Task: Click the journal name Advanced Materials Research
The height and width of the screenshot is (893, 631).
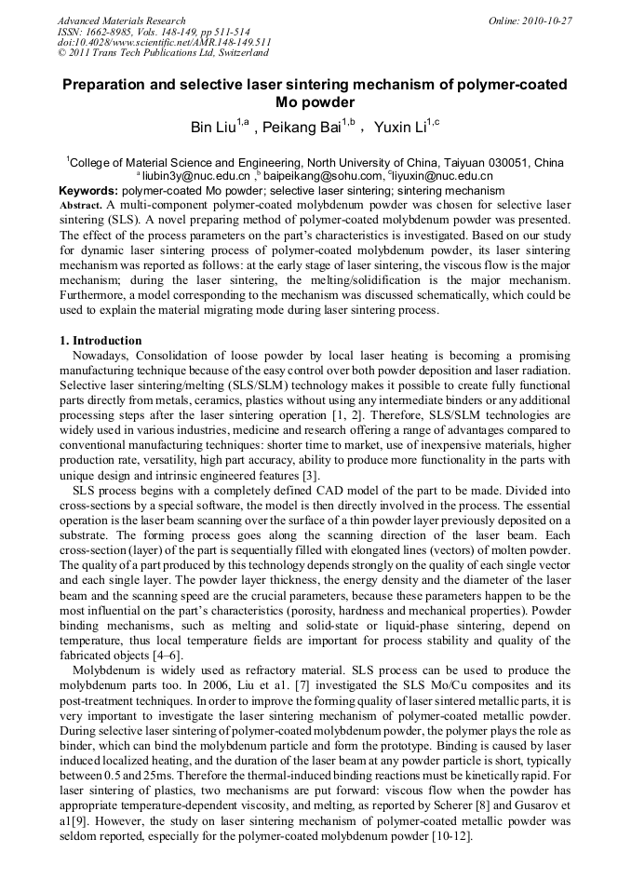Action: pyautogui.click(x=121, y=20)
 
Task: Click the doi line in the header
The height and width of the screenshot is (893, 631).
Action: pyautogui.click(x=164, y=43)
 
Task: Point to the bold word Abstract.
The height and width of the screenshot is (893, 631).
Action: pyautogui.click(x=81, y=204)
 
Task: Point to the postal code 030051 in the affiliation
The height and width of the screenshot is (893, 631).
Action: pyautogui.click(x=493, y=162)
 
